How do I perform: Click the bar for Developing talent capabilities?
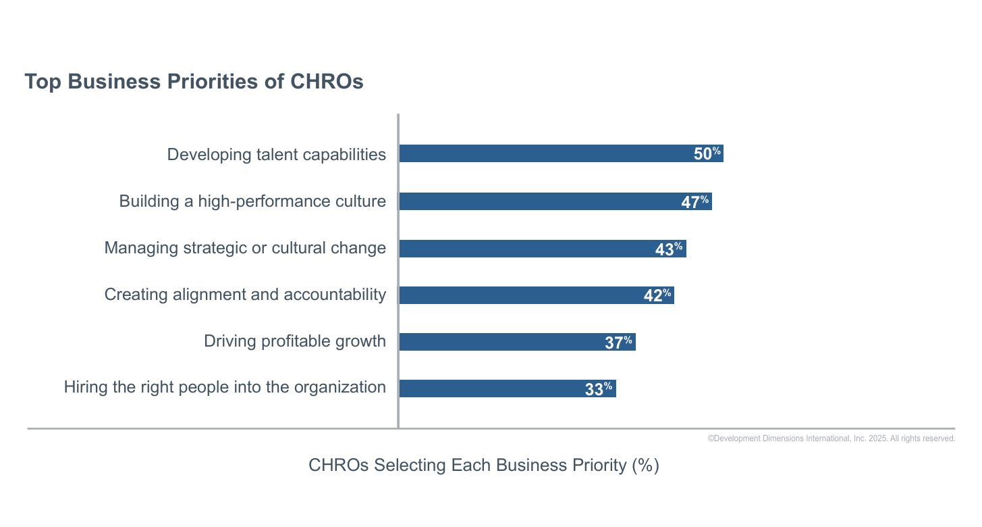561,153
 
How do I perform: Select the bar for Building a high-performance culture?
555,201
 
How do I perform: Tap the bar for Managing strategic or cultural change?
543,249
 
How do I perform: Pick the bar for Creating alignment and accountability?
537,295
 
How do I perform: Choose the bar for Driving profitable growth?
517,342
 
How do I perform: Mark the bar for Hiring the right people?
508,388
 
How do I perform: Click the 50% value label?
707,153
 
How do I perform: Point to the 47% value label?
695,202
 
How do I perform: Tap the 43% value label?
669,249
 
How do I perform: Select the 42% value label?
657,295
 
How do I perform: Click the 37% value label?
619,343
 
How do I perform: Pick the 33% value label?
599,388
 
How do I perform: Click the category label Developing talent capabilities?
277,155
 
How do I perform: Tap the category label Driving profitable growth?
295,341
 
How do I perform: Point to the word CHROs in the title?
327,82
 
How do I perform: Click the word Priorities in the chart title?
212,82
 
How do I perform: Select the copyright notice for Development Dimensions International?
831,438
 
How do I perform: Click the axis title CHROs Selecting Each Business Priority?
483,465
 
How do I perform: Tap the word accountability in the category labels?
335,295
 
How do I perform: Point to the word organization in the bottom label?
339,387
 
